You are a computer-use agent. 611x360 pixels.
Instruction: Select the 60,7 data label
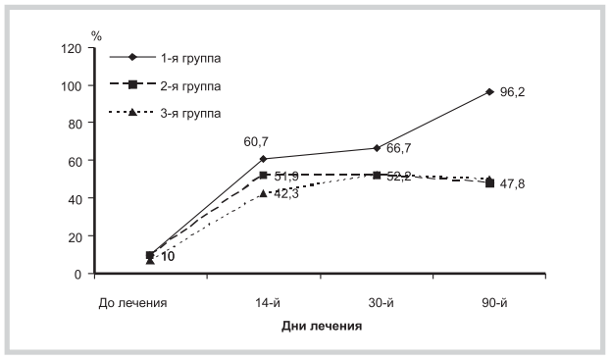pyautogui.click(x=257, y=143)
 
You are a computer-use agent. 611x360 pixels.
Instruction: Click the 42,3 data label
pyautogui.click(x=287, y=193)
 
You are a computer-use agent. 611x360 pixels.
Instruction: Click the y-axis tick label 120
pyautogui.click(x=71, y=48)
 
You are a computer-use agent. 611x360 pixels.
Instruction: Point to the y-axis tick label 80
pyautogui.click(x=74, y=124)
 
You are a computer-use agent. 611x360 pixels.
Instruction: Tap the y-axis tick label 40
pyautogui.click(x=74, y=198)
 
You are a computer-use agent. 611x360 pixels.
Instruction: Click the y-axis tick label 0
pyautogui.click(x=76, y=274)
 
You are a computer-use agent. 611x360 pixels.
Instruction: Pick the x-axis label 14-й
pyautogui.click(x=263, y=303)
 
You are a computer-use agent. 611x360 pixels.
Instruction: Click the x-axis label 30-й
pyautogui.click(x=376, y=303)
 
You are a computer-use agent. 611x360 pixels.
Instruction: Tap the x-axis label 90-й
pyautogui.click(x=489, y=303)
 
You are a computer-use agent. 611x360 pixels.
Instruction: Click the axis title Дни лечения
pyautogui.click(x=320, y=327)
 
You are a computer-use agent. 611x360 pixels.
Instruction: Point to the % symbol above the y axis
pyautogui.click(x=96, y=35)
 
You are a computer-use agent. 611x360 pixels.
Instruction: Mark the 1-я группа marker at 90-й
pyautogui.click(x=489, y=92)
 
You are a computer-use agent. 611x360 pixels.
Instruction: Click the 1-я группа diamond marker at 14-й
pyautogui.click(x=263, y=159)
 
